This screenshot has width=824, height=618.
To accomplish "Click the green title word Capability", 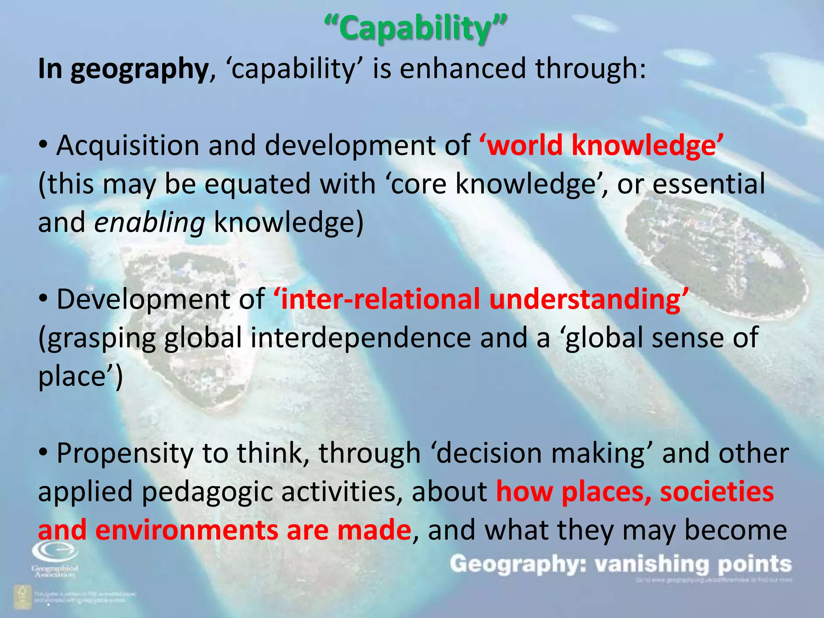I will pyautogui.click(x=415, y=28).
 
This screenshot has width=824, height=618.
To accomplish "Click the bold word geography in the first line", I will pyautogui.click(x=139, y=69).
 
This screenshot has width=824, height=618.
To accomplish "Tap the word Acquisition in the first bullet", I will pyautogui.click(x=128, y=145).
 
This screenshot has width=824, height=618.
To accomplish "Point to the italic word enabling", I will pyautogui.click(x=150, y=222).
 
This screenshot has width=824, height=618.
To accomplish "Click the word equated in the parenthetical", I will pyautogui.click(x=257, y=184).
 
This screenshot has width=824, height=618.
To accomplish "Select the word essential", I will pyautogui.click(x=709, y=184).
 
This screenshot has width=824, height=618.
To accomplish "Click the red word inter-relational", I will pyautogui.click(x=380, y=299).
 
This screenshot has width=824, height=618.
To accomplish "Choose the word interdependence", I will pyautogui.click(x=360, y=338).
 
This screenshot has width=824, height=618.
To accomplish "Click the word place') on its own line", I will pyautogui.click(x=80, y=377).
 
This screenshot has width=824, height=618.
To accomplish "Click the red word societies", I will pyautogui.click(x=717, y=492).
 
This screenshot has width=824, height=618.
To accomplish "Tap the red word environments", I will pyautogui.click(x=186, y=530).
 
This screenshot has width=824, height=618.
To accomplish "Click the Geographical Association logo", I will pyautogui.click(x=55, y=558).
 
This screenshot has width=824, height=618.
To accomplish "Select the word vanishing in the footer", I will pyautogui.click(x=652, y=564).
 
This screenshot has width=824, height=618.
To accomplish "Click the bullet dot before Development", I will pyautogui.click(x=44, y=299).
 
